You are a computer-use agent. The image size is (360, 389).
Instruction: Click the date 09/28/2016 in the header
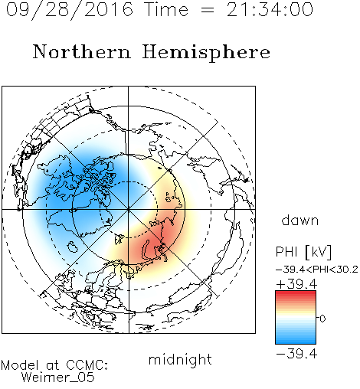pyautogui.click(x=70, y=10)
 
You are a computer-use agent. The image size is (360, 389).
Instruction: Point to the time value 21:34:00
pyautogui.click(x=270, y=10)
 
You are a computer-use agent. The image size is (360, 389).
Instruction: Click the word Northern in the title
pyautogui.click(x=82, y=51)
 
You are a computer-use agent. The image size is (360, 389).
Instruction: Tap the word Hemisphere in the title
pyautogui.click(x=206, y=52)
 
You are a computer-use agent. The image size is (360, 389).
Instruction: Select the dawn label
pyautogui.click(x=300, y=220)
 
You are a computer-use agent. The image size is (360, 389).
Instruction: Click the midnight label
pyautogui.click(x=180, y=359)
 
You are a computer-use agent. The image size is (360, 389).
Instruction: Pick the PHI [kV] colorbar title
pyautogui.click(x=303, y=252)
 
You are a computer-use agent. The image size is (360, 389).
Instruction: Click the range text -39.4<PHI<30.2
pyautogui.click(x=317, y=270)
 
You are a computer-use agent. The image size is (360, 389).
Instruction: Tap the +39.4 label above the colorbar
pyautogui.click(x=296, y=284)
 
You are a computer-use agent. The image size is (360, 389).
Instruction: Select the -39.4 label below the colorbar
pyautogui.click(x=296, y=354)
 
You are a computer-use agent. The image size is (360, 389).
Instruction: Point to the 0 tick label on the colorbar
pyautogui.click(x=322, y=319)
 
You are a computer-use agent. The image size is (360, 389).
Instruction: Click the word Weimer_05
pyautogui.click(x=58, y=378)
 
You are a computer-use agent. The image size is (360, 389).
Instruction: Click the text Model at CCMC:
pyautogui.click(x=54, y=365)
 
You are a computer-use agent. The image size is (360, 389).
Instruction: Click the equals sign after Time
pyautogui.click(x=208, y=11)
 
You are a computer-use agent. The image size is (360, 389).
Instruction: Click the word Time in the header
pyautogui.click(x=166, y=10)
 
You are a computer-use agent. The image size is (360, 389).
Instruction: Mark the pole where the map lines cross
pyautogui.click(x=129, y=210)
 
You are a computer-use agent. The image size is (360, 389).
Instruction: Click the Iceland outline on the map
pyautogui.click(x=72, y=247)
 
